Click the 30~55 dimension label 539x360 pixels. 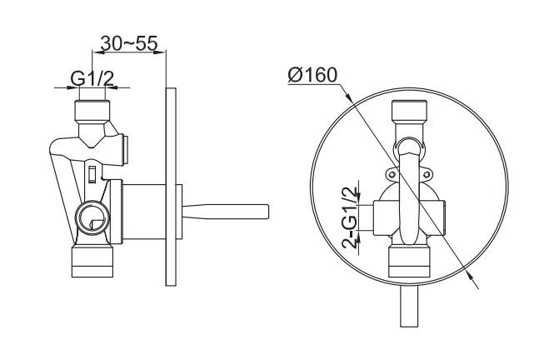click(x=129, y=43)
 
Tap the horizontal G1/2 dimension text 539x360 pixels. click(x=92, y=79)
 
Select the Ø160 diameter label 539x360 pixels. click(x=312, y=75)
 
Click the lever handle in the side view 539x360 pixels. click(x=225, y=212)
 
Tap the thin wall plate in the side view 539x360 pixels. click(x=171, y=187)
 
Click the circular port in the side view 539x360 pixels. click(x=92, y=217)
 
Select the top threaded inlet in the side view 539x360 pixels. click(x=92, y=110)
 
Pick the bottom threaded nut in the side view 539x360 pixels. click(x=92, y=262)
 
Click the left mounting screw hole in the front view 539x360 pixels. click(x=392, y=175)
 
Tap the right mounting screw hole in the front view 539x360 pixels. click(x=427, y=175)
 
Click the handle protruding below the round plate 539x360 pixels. click(x=409, y=306)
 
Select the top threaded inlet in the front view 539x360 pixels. click(x=409, y=111)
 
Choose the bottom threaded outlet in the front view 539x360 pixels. click(x=409, y=262)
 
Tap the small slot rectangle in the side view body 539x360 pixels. click(x=92, y=174)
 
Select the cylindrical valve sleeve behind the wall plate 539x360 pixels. click(x=144, y=212)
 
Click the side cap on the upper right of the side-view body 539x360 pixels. click(x=126, y=149)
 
